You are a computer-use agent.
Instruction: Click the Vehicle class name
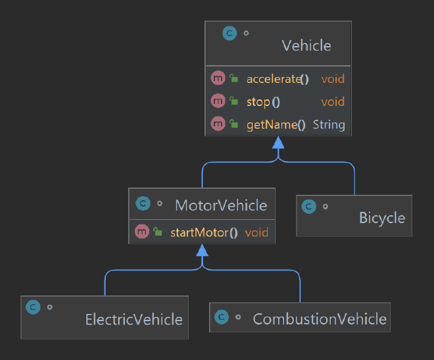(306, 45)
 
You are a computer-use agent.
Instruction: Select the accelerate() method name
(277, 79)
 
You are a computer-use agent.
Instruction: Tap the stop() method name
(263, 102)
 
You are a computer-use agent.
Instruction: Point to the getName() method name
(276, 125)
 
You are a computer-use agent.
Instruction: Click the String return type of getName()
(329, 125)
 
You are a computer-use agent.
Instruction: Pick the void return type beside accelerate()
(333, 79)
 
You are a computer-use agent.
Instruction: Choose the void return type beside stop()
(333, 102)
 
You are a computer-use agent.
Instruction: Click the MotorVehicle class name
(221, 205)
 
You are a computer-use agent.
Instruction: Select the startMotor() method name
(204, 232)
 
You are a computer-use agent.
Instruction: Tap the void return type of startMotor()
(256, 232)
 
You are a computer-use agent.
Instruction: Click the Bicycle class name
(382, 218)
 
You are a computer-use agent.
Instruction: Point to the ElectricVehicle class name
(134, 320)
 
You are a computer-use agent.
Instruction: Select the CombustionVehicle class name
(320, 319)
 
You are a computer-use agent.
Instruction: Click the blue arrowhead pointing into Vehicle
(278, 142)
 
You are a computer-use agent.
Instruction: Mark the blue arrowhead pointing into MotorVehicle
(203, 250)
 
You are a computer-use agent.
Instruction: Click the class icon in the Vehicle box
(229, 33)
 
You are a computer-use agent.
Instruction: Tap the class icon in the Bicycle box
(309, 207)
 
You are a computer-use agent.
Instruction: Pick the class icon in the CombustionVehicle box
(222, 317)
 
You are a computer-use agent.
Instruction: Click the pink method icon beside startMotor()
(142, 231)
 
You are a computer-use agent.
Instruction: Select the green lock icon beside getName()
(233, 124)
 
